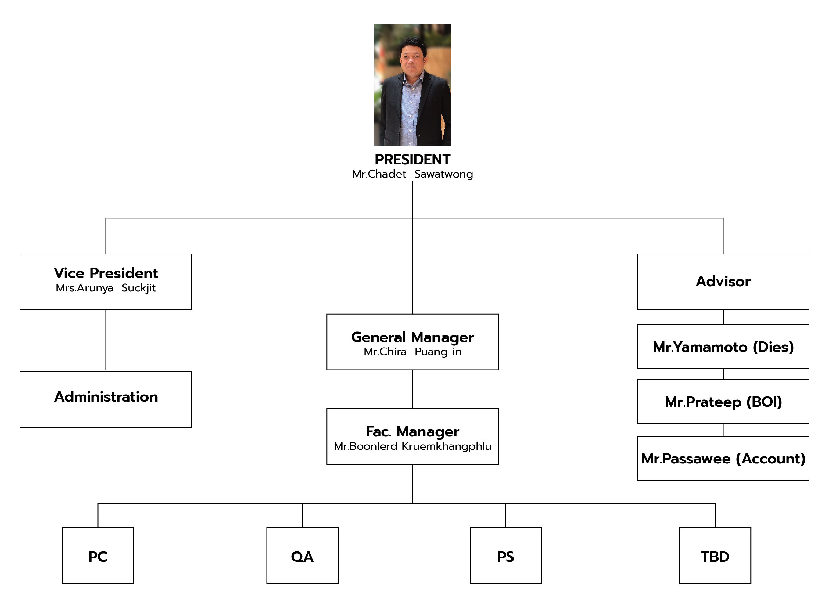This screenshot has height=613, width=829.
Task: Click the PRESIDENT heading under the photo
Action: click(412, 160)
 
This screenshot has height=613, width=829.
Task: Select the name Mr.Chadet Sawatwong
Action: click(412, 174)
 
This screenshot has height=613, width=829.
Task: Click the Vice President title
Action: click(106, 273)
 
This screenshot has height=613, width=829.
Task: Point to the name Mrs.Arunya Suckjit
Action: click(106, 288)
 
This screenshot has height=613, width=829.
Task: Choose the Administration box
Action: click(106, 399)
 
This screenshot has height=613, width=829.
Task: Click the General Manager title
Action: click(412, 337)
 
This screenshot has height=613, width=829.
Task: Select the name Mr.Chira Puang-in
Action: click(412, 352)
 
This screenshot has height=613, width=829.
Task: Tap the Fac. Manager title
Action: click(412, 431)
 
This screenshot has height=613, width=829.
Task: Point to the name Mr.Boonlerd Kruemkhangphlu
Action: click(412, 446)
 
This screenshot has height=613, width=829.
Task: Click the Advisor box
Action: click(723, 282)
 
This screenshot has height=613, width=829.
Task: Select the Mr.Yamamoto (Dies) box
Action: click(723, 347)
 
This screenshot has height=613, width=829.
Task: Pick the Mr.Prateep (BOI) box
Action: click(723, 402)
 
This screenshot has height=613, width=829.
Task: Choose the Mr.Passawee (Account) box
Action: click(723, 458)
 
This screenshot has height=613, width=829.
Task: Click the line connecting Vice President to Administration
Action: click(106, 340)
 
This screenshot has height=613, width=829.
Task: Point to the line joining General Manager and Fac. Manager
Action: click(412, 389)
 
